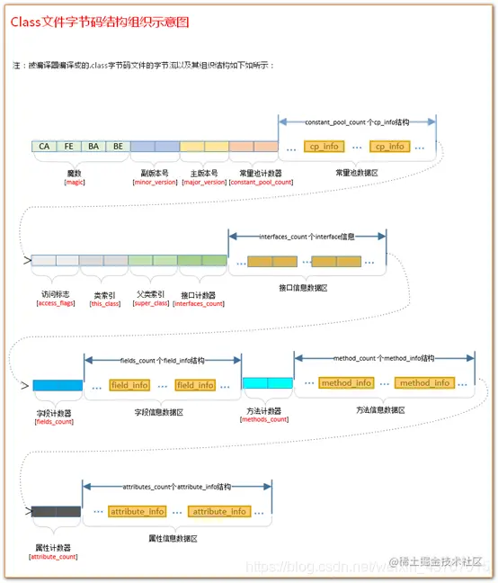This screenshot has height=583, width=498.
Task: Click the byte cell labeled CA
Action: click(43, 146)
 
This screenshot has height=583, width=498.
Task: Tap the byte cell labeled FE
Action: click(68, 146)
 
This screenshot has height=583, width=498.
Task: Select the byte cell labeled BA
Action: click(93, 146)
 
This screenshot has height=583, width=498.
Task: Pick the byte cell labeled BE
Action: click(117, 146)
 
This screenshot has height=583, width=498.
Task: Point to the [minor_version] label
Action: click(154, 182)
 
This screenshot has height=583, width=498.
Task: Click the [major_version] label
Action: click(204, 182)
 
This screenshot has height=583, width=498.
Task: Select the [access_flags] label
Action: click(54, 303)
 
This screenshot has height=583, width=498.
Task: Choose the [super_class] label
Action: click(152, 303)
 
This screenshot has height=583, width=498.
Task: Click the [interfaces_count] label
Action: click(201, 303)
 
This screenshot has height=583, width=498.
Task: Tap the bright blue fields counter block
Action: click(56, 384)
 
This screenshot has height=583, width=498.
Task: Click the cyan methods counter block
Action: click(267, 383)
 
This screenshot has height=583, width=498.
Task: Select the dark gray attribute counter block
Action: click(56, 511)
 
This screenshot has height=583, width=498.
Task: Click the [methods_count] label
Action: click(267, 419)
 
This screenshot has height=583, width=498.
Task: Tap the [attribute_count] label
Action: click(54, 557)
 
